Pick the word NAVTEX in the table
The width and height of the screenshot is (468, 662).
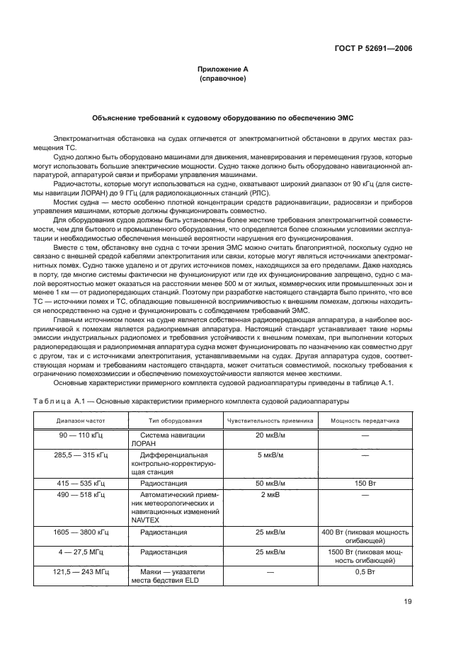coord(144,519)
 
